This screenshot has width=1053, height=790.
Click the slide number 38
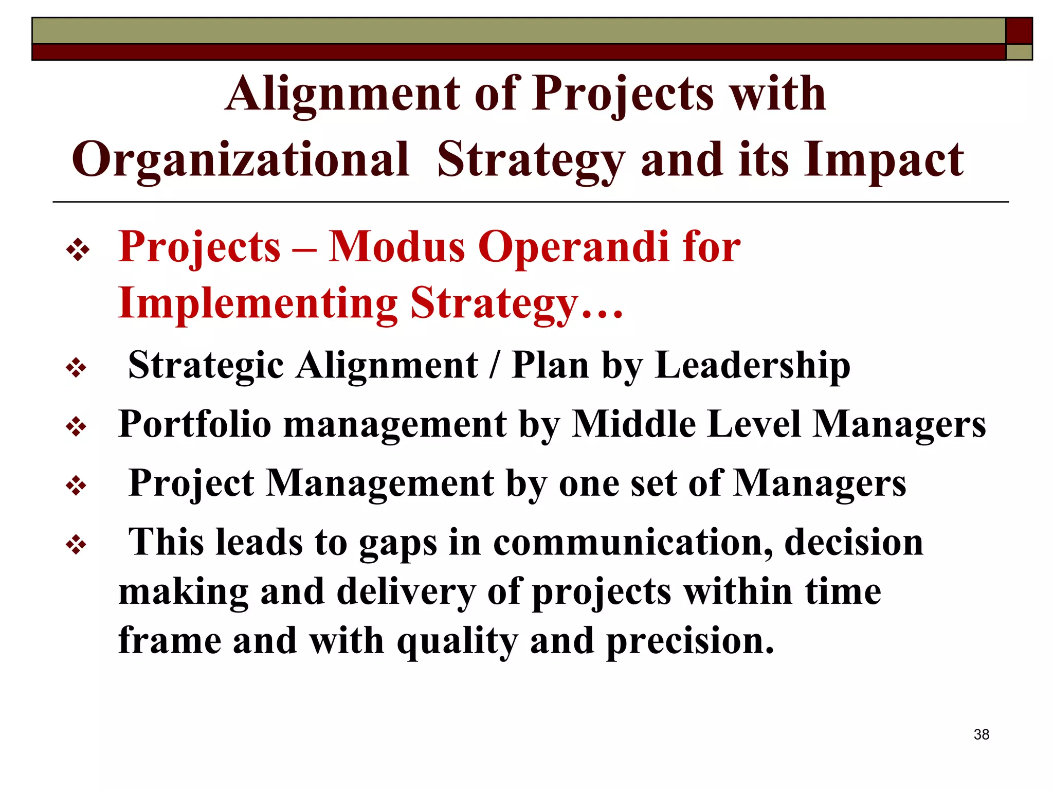[981, 734]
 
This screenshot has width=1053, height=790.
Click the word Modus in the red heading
[396, 247]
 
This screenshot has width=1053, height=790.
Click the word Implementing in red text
[258, 303]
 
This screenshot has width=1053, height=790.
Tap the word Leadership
[752, 365]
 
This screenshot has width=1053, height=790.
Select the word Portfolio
[194, 424]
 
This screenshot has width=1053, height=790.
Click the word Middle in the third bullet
[633, 424]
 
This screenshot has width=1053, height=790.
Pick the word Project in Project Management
[191, 483]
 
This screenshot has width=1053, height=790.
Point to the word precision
[690, 641]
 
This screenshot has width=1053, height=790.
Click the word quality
[457, 641]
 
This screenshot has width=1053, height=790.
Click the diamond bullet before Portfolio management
[76, 427]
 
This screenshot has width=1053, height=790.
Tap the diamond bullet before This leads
[76, 545]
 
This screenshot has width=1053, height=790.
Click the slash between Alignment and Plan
[495, 365]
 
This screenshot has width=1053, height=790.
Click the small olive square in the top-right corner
[1019, 52]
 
